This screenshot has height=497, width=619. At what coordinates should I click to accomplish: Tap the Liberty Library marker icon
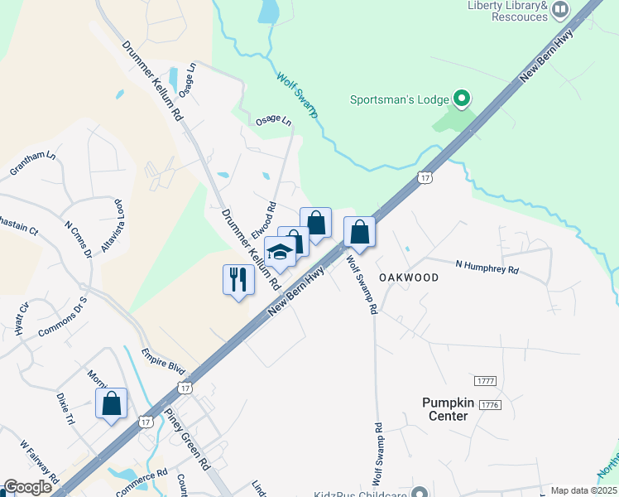560,10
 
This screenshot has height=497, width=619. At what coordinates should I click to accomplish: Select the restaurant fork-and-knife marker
238,279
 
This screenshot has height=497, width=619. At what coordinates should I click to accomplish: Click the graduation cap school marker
280,251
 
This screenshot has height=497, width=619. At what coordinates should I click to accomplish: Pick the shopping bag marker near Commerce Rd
111,403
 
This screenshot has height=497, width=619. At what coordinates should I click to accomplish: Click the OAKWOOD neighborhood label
409,277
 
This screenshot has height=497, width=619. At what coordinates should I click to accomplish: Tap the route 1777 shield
486,380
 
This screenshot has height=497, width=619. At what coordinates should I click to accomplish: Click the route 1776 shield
490,404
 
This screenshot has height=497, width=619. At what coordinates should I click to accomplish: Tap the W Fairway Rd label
41,465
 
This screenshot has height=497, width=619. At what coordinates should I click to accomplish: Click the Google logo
27,488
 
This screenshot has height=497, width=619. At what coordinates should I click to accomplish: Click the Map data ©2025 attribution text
583,490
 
